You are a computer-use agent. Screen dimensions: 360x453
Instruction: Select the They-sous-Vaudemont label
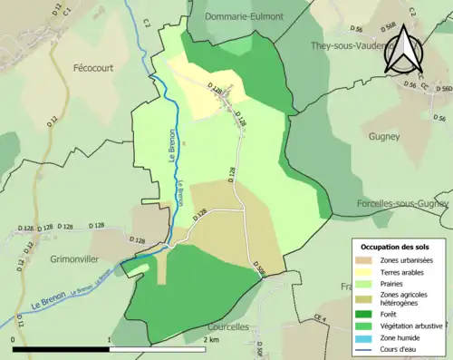(350, 44)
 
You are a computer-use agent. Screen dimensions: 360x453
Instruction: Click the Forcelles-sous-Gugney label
(402, 204)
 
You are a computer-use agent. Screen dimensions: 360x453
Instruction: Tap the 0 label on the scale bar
(14, 339)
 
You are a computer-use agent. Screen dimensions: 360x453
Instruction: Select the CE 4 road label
(319, 317)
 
